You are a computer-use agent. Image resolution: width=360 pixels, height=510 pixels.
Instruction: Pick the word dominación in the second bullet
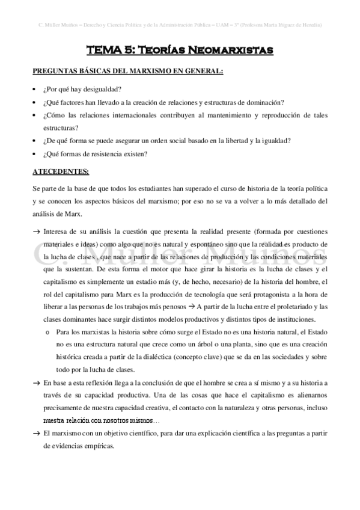click(x=264, y=102)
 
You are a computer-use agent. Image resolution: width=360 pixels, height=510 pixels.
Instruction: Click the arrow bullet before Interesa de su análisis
click(x=36, y=230)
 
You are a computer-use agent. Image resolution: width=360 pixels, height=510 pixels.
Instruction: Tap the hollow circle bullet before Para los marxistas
click(x=47, y=331)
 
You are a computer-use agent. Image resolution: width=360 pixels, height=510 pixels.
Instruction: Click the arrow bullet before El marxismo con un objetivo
click(x=36, y=433)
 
